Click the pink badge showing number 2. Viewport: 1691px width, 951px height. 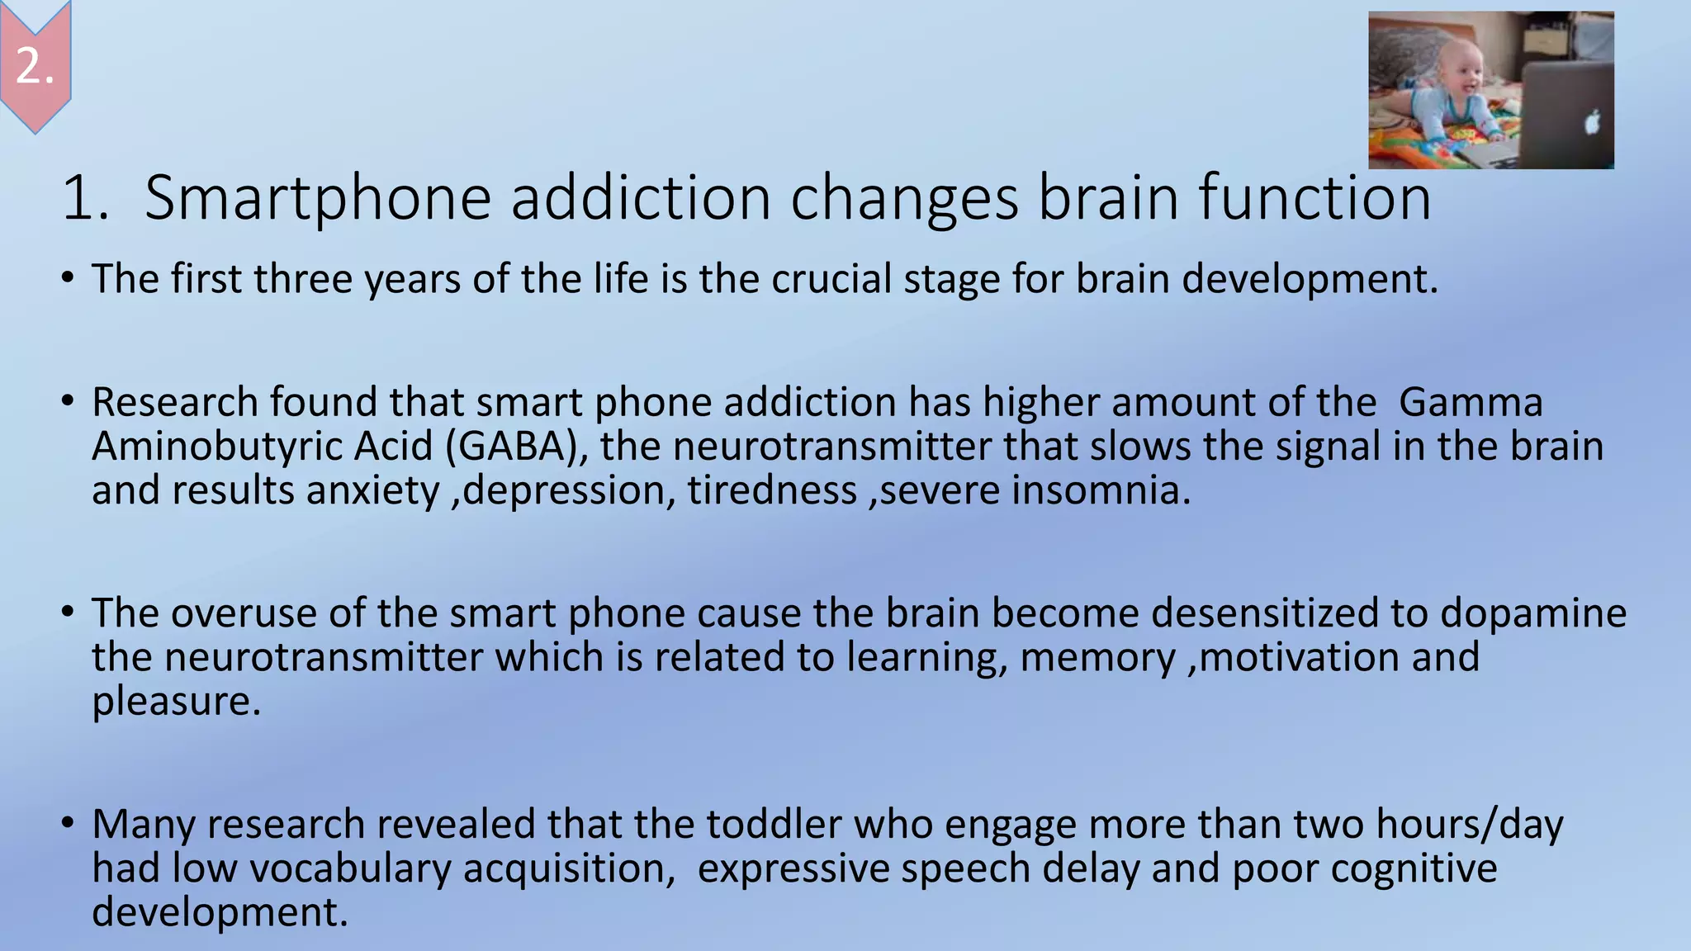coord(35,64)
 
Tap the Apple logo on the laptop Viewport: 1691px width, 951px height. coord(1592,122)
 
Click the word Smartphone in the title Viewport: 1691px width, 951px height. coord(318,198)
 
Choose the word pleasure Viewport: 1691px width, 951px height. coord(176,702)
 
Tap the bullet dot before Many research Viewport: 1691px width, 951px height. coord(68,823)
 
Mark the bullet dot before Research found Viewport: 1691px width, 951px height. coord(68,401)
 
